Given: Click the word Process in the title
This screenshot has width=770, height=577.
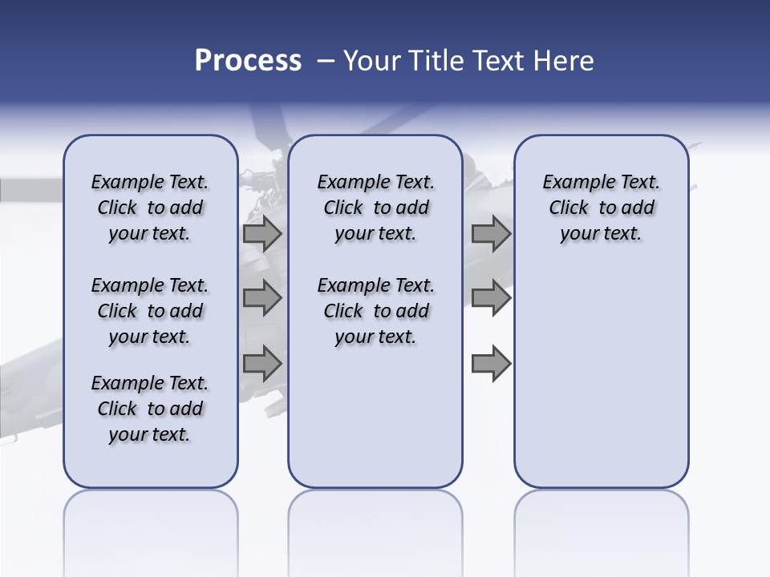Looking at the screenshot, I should click(x=248, y=61).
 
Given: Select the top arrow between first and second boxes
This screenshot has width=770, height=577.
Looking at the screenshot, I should click(x=262, y=233).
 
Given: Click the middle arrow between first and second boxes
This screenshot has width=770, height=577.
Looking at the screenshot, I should click(x=262, y=298).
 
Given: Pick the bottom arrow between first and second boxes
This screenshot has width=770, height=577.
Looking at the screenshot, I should click(x=262, y=364).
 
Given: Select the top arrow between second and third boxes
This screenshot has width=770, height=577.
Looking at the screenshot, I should click(x=491, y=233).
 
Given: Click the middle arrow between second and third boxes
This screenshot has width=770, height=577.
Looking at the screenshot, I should click(x=491, y=298).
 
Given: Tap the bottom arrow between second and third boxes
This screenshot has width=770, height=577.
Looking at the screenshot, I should click(x=491, y=364).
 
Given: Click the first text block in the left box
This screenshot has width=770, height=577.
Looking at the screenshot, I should click(x=150, y=208).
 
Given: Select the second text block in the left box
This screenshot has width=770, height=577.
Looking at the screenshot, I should click(x=150, y=311).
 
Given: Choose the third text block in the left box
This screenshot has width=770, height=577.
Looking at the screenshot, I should click(x=150, y=409).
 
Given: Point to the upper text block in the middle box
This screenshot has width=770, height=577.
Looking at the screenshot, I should click(x=376, y=208).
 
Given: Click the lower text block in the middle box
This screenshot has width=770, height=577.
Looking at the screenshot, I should click(x=376, y=311).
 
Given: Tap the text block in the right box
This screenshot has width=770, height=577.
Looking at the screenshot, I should click(x=602, y=208).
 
